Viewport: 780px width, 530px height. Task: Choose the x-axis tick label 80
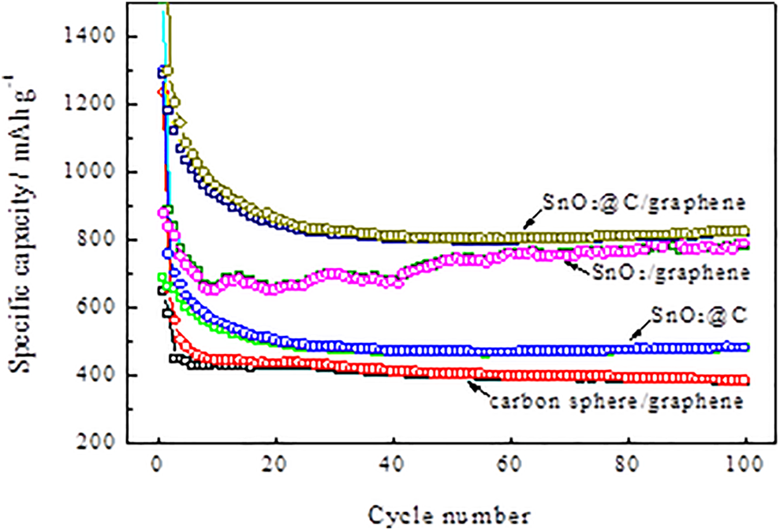629,465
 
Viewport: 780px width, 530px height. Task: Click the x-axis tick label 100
745,465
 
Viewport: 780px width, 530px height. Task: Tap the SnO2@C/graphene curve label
644,203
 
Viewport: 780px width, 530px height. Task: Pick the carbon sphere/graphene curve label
616,401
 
